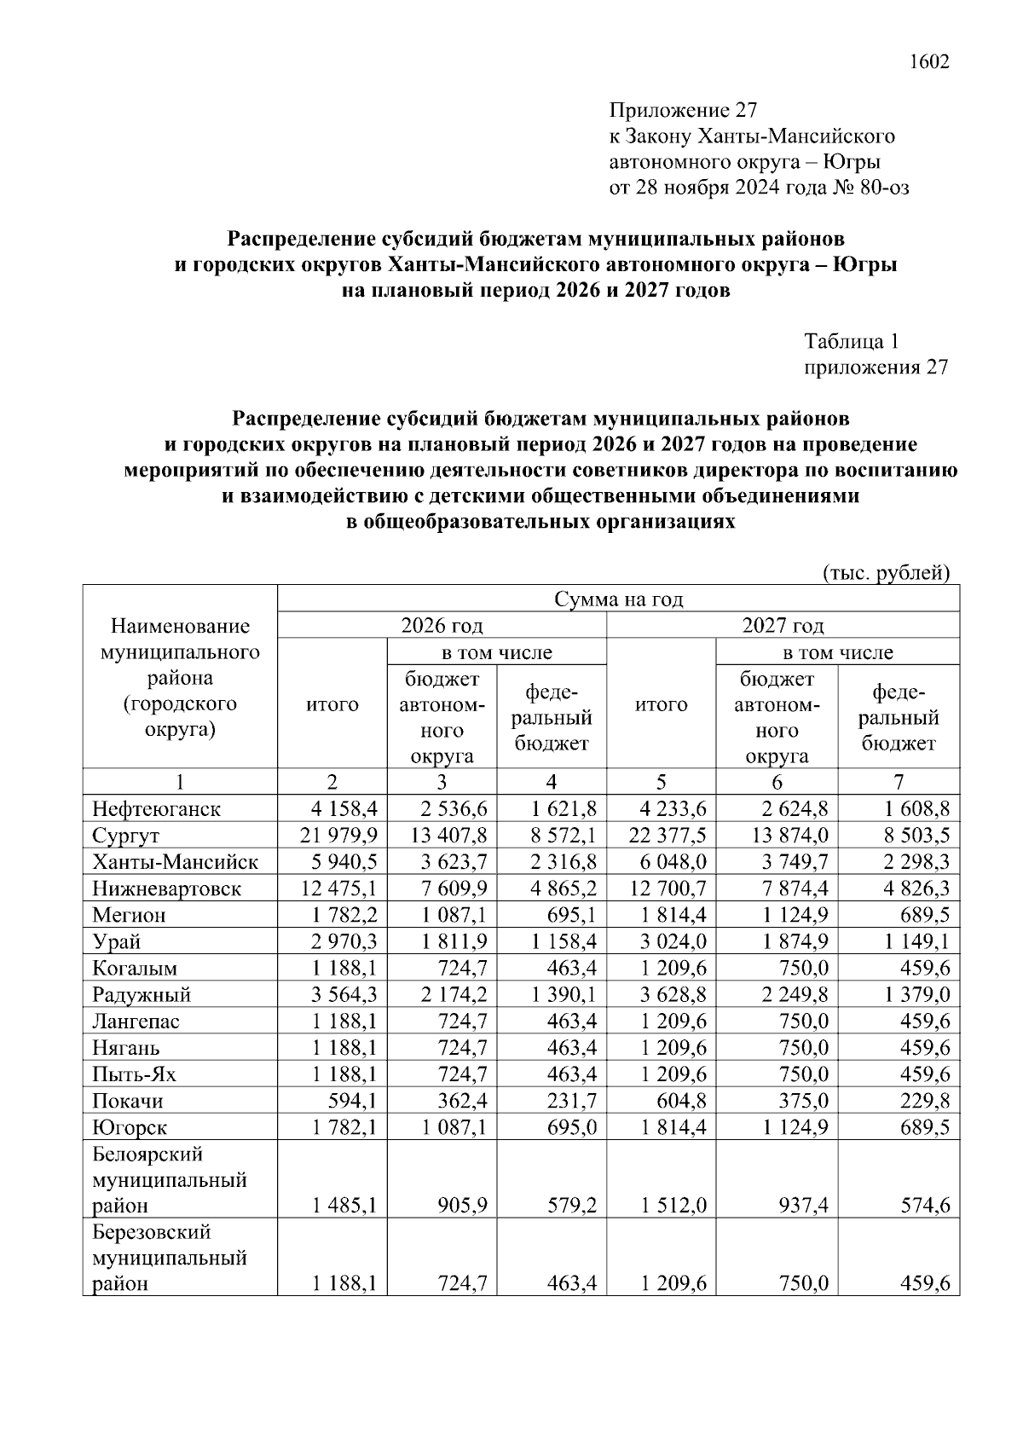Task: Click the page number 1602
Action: [929, 62]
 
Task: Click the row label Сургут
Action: [126, 836]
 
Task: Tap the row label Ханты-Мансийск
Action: [175, 862]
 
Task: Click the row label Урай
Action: [117, 941]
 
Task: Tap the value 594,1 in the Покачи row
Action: [355, 1101]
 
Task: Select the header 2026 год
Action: [442, 626]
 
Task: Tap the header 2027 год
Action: [783, 626]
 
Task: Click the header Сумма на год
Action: [619, 599]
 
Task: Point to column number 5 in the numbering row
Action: [661, 782]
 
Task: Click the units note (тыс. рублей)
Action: [886, 573]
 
